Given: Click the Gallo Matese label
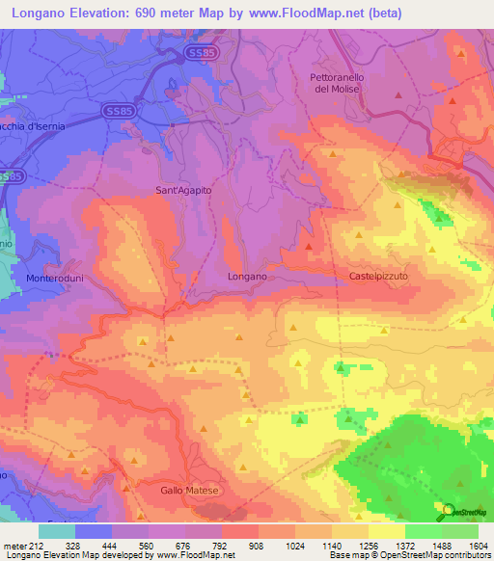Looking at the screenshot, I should (x=191, y=491).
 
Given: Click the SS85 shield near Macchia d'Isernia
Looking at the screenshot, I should (x=120, y=112).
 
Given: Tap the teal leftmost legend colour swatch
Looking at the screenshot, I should (x=56, y=531).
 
